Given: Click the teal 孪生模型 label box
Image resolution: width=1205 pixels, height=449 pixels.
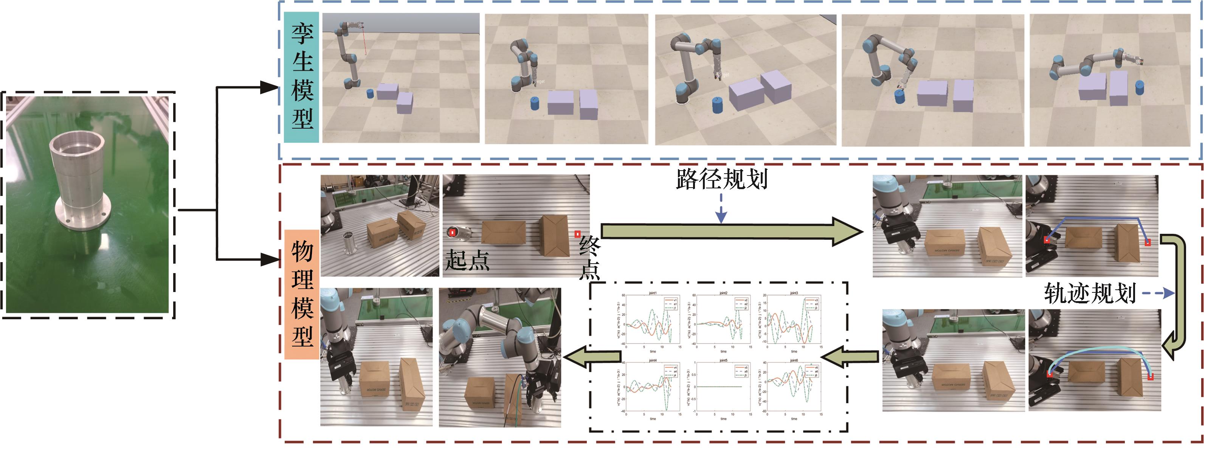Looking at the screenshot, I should pos(302,77).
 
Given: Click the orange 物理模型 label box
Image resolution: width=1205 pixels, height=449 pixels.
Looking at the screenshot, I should pos(302,294).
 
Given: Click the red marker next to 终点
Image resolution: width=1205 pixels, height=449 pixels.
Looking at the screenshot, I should pos(577,234).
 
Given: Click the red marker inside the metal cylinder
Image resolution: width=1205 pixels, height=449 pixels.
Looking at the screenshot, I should pos(452,232).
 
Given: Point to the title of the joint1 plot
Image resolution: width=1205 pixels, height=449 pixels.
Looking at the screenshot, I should pos(653,293).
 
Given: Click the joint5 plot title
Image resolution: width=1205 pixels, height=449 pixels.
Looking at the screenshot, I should pos(723,360).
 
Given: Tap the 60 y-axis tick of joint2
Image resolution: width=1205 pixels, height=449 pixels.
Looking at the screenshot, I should pos(694,295).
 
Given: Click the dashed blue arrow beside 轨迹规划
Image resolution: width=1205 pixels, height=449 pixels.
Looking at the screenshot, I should pos(1158,294).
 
